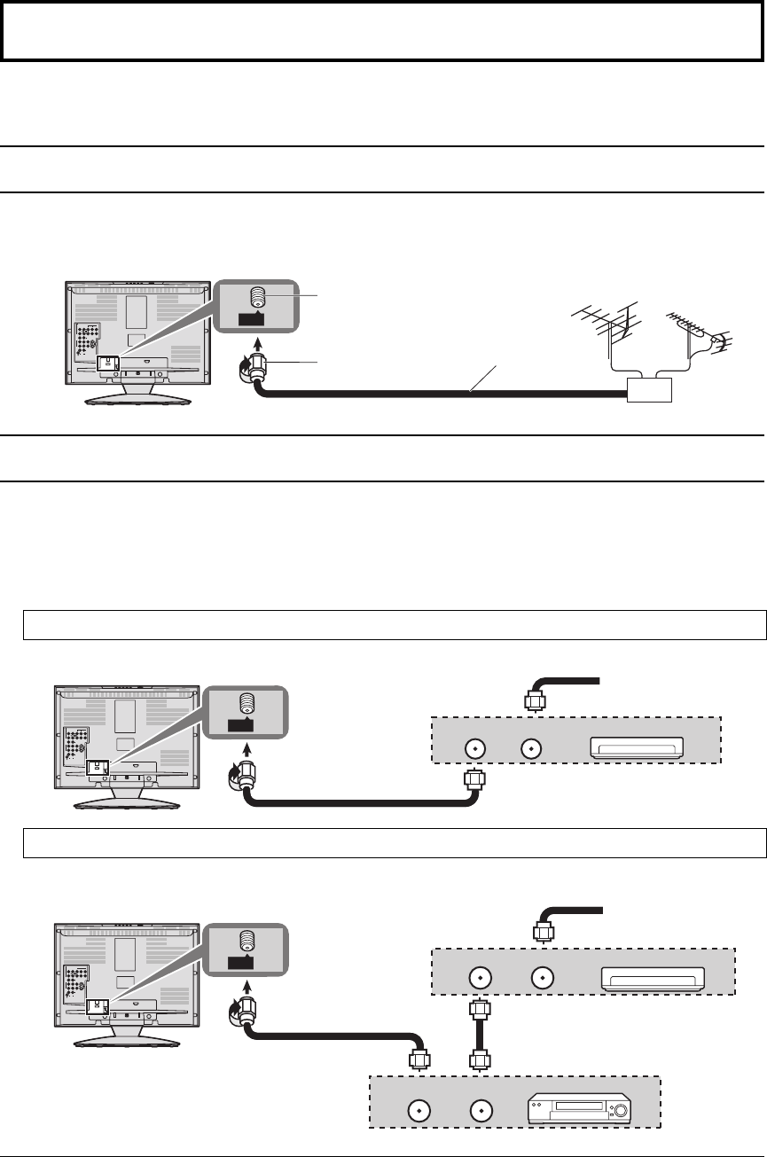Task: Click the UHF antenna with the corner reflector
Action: [696, 329]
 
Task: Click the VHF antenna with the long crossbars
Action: [612, 324]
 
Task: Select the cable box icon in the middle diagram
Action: [636, 749]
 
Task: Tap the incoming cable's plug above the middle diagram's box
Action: [534, 699]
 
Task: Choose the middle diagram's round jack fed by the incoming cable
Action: [531, 749]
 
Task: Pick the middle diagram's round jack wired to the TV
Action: [474, 749]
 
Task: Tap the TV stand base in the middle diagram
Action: [130, 801]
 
